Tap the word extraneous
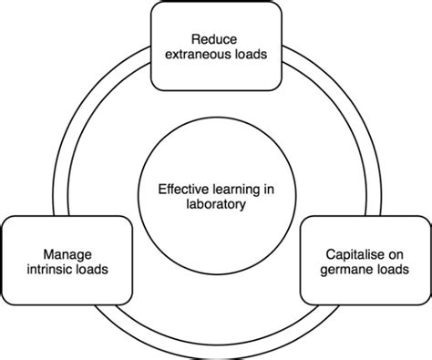click(x=193, y=54)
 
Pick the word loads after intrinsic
click(x=91, y=270)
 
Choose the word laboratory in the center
click(x=215, y=204)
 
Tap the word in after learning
click(x=266, y=189)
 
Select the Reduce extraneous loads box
click(x=214, y=23)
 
